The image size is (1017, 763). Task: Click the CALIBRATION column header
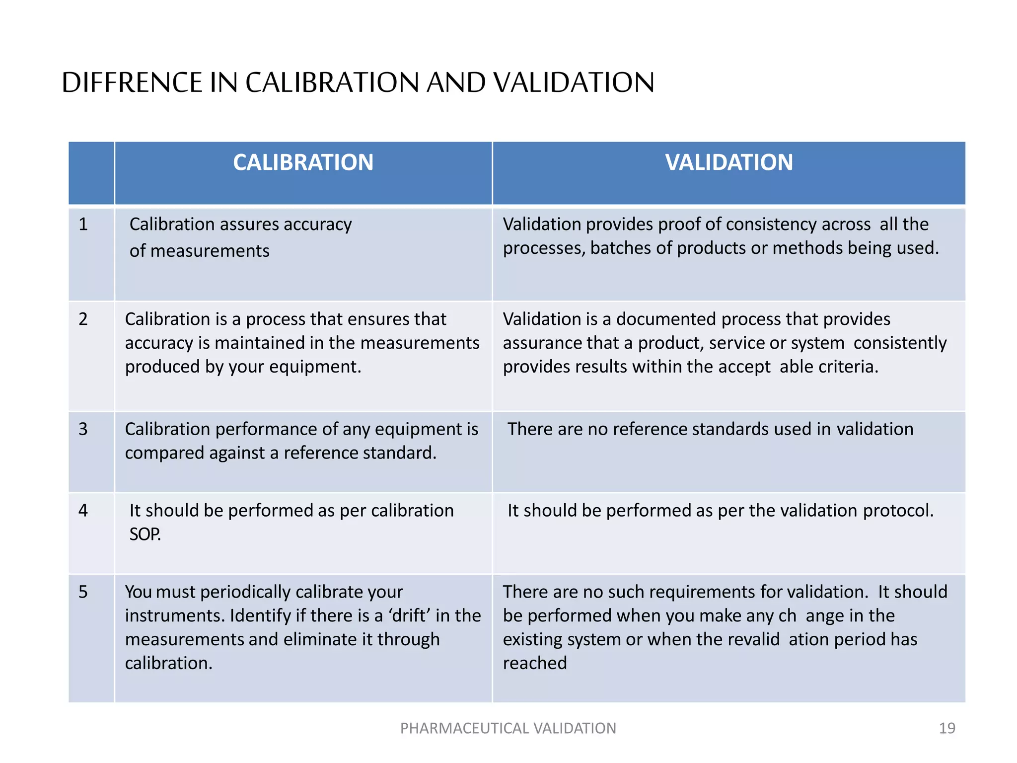(x=303, y=162)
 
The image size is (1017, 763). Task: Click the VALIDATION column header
(x=728, y=162)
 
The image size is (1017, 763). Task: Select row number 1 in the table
(x=83, y=225)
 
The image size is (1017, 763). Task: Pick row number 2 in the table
(x=83, y=319)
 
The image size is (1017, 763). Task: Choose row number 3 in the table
(x=83, y=429)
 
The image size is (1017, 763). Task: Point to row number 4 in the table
(x=83, y=511)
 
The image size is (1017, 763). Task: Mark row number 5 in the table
(x=83, y=592)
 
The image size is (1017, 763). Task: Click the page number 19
(x=947, y=728)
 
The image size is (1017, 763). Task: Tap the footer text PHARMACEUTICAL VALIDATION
(x=508, y=728)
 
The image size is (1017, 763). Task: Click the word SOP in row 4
(x=145, y=534)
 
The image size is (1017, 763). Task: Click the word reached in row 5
(x=535, y=663)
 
